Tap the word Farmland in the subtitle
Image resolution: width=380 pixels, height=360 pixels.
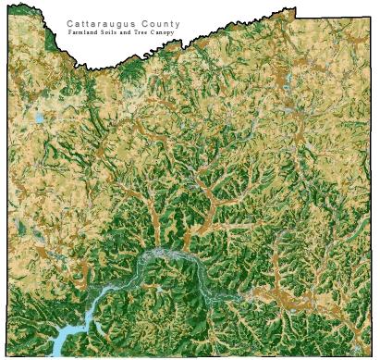click(86, 33)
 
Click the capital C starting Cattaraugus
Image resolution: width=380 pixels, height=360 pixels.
click(70, 24)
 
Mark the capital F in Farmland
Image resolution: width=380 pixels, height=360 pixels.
click(71, 33)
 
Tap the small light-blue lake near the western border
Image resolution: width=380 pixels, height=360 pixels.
click(38, 118)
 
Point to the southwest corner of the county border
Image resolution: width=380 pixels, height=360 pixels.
click(8, 355)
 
